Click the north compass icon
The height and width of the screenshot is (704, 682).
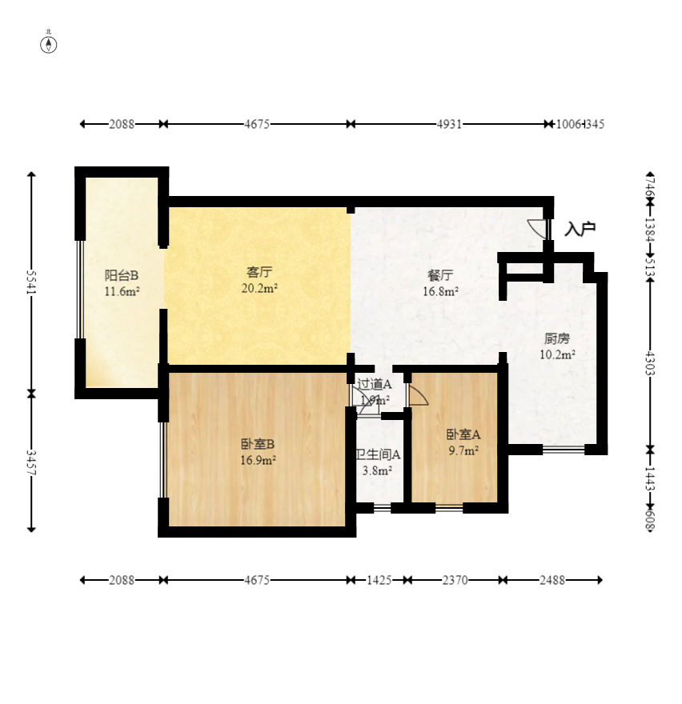[49, 43]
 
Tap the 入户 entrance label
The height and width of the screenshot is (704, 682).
[580, 230]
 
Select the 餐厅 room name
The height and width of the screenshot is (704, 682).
[440, 276]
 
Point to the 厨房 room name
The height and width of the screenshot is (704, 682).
[557, 338]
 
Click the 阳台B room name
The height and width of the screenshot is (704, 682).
[122, 275]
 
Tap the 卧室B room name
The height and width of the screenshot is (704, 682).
[258, 444]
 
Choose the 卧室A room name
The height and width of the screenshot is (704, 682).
[463, 435]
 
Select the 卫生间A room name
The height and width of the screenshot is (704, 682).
[378, 454]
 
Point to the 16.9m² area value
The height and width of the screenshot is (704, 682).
[258, 460]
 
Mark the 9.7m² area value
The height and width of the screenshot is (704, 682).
[463, 451]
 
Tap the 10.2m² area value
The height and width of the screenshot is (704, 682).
[557, 354]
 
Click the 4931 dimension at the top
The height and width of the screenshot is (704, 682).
[449, 124]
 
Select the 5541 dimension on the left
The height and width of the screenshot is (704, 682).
[32, 282]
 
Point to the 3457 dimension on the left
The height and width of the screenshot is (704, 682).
[32, 462]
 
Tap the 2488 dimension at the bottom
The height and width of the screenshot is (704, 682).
[552, 580]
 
